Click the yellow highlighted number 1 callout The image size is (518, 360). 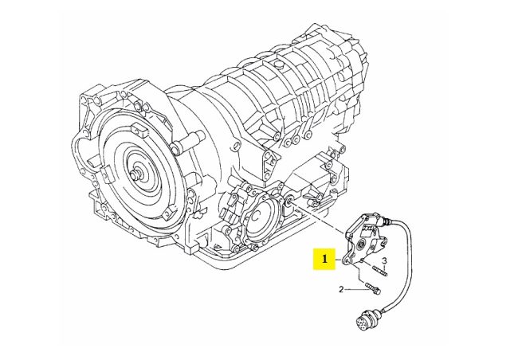(324, 259)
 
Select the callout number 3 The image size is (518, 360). (383, 261)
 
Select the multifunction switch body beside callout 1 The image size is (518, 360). (363, 239)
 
